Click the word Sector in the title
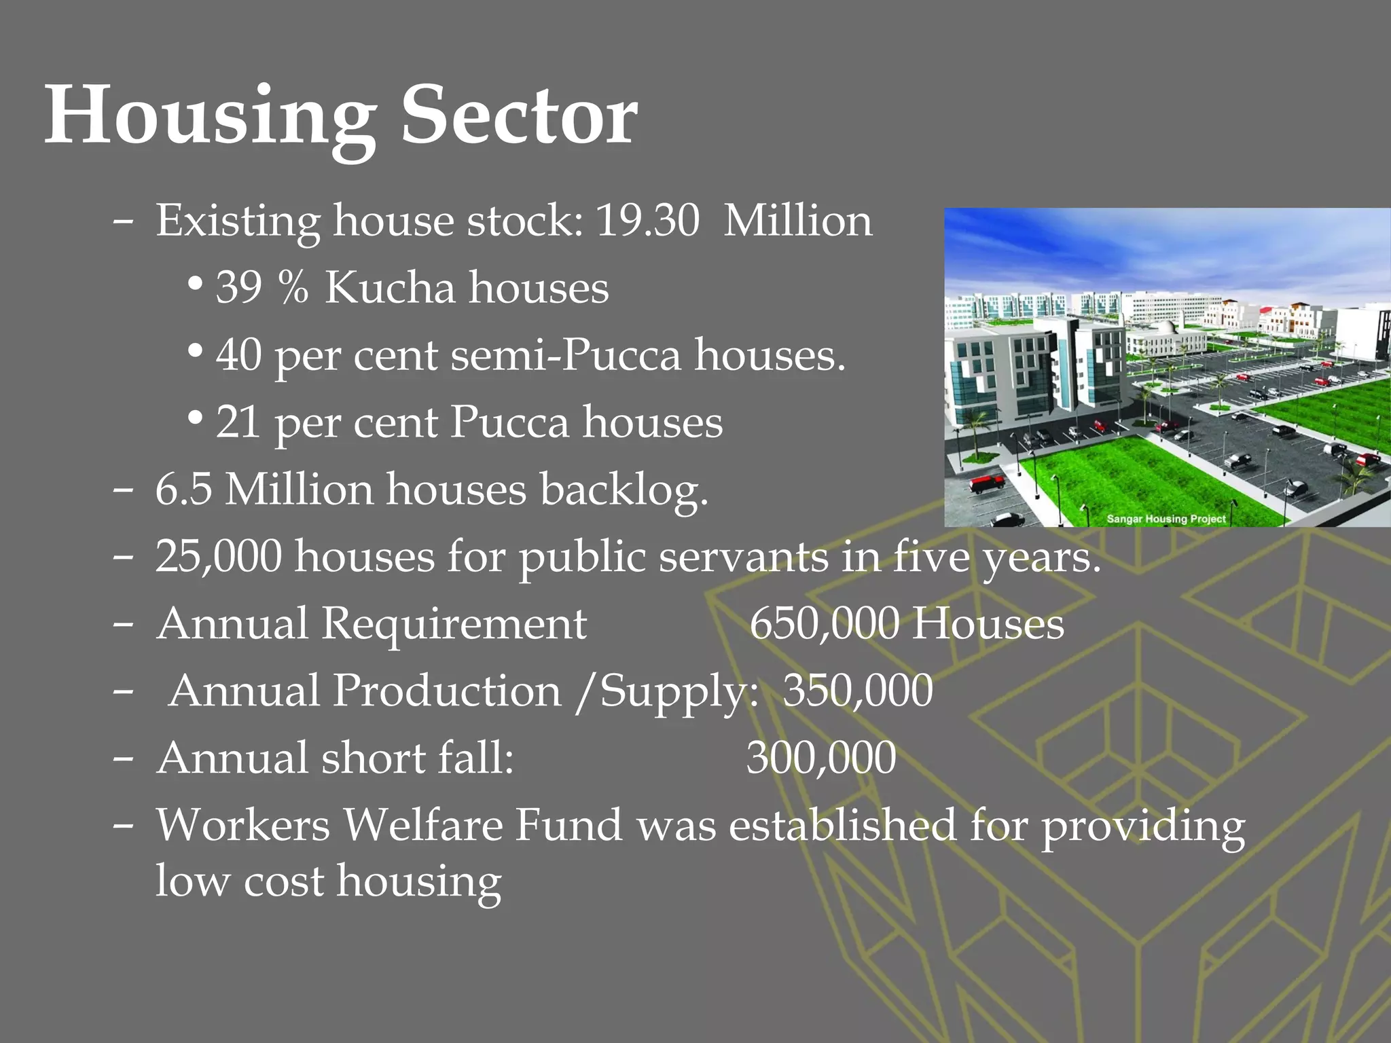pyautogui.click(x=520, y=115)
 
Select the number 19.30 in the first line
pyautogui.click(x=647, y=221)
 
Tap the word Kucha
pyautogui.click(x=390, y=287)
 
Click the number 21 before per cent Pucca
pyautogui.click(x=238, y=422)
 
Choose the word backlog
pyautogui.click(x=624, y=489)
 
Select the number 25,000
pyautogui.click(x=218, y=556)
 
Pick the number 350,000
pyautogui.click(x=858, y=690)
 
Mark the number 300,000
pyautogui.click(x=821, y=757)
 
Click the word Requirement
pyautogui.click(x=454, y=623)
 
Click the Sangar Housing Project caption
pyautogui.click(x=1166, y=519)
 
